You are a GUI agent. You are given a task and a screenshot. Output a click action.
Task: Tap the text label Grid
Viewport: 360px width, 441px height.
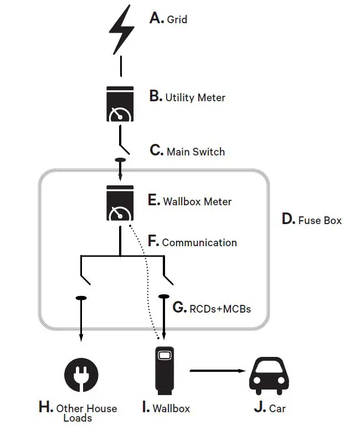(x=177, y=19)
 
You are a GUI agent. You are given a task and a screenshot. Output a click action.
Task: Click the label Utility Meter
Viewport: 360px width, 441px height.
(x=195, y=97)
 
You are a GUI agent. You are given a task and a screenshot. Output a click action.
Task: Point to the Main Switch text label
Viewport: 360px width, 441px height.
(x=196, y=151)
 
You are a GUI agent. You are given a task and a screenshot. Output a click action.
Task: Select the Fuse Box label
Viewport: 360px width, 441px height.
(x=320, y=220)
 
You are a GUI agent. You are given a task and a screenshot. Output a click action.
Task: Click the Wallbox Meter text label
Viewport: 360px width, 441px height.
(x=197, y=201)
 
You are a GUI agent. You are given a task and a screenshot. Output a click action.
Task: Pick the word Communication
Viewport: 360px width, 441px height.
(x=199, y=242)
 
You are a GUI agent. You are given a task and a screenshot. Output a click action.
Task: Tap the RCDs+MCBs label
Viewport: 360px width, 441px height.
(x=219, y=308)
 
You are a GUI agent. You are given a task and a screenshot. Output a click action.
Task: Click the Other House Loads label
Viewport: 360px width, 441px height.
(x=86, y=413)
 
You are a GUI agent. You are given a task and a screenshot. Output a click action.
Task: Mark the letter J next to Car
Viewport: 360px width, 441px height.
(x=259, y=408)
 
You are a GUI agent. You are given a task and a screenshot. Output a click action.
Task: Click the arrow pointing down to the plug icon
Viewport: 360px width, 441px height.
(x=81, y=326)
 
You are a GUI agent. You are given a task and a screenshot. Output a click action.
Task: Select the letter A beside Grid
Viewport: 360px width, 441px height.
(x=157, y=18)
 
